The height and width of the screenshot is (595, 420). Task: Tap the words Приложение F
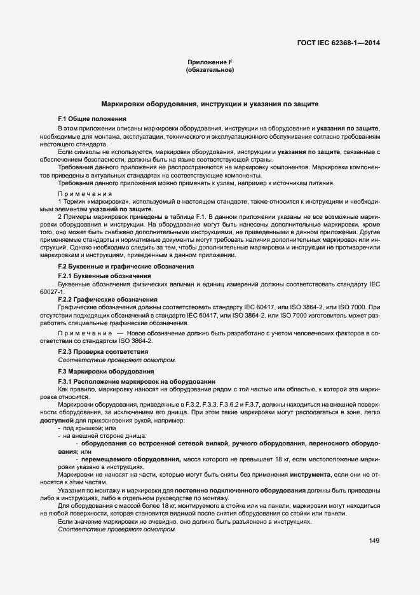click(x=209, y=62)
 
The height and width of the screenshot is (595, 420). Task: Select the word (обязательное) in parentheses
click(x=210, y=70)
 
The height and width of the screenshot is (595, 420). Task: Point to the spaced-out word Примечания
click(x=85, y=193)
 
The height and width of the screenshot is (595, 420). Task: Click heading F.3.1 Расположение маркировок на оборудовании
click(x=137, y=381)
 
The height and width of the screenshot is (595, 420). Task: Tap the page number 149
click(x=374, y=541)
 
